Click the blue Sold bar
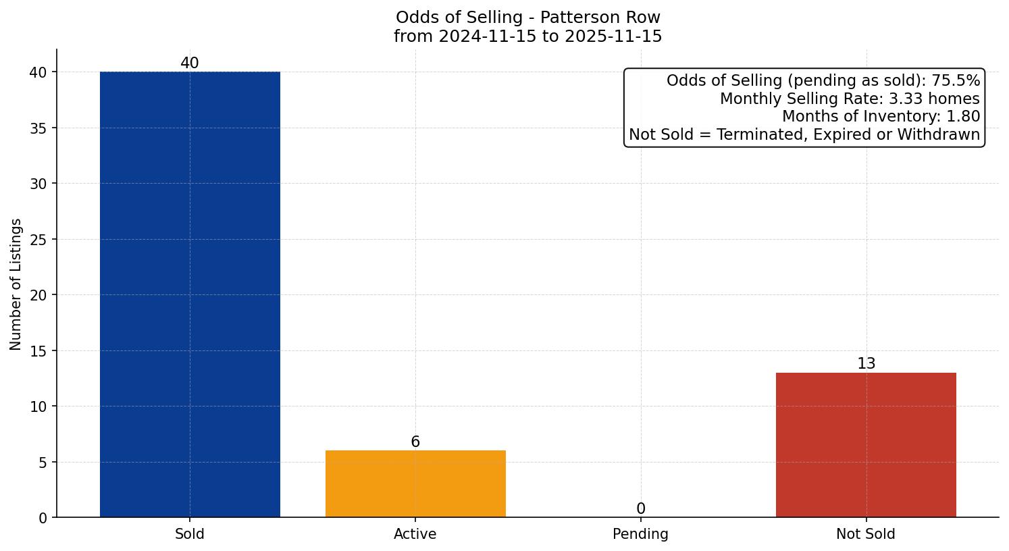pos(190,294)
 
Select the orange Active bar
pos(415,483)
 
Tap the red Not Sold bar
pos(866,445)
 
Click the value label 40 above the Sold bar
pos(190,63)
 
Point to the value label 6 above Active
pos(415,442)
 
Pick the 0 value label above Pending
pos(641,509)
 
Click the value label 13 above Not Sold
pos(866,364)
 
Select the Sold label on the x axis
pos(190,534)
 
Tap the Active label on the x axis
pos(415,534)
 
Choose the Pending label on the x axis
pos(640,534)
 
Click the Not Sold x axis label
pos(866,534)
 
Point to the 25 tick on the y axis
pos(39,240)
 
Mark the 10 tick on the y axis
pos(39,406)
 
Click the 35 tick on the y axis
pos(39,128)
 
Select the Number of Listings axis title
pos(16,284)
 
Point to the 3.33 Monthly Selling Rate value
pos(906,99)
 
